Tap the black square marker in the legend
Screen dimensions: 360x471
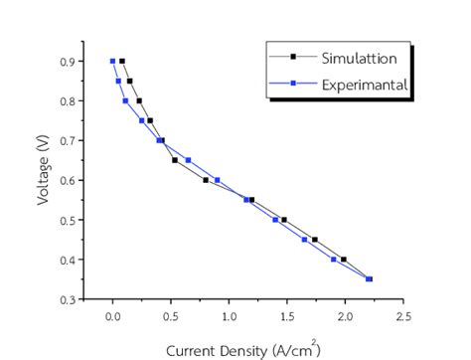point(294,58)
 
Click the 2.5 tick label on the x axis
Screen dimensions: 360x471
point(402,317)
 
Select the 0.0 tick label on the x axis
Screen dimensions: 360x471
point(112,317)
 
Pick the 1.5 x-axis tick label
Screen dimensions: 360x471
point(286,317)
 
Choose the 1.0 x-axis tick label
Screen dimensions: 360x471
point(229,317)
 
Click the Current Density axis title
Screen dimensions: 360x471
point(241,349)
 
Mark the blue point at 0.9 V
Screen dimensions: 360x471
point(112,61)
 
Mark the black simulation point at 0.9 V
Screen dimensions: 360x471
point(122,61)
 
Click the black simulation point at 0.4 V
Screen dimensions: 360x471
point(344,260)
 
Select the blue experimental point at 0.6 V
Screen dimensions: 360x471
point(218,180)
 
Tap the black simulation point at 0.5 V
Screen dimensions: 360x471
point(284,220)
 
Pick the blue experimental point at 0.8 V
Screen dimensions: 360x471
point(125,100)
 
